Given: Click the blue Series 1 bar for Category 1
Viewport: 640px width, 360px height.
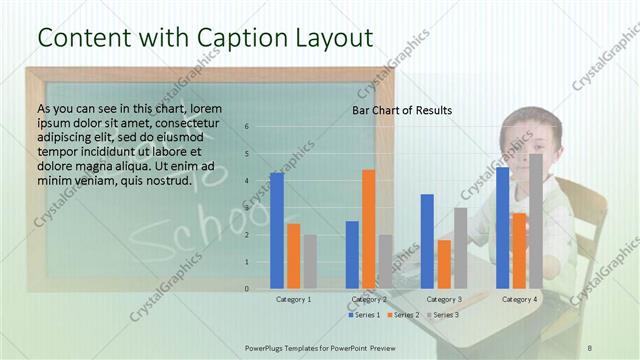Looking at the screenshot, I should point(277,231).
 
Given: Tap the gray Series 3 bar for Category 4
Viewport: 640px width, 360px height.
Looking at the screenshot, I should point(536,221).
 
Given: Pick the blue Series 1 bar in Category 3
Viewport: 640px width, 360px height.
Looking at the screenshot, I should point(427,241).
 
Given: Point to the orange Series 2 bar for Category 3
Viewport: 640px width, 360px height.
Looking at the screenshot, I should point(444,264).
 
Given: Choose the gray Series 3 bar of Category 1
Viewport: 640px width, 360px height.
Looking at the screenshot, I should point(310,262).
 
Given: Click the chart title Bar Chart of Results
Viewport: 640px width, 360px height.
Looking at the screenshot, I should point(402,110).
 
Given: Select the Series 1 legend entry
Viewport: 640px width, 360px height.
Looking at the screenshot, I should point(363,315).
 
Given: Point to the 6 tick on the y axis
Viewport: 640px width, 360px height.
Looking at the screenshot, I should point(247,127).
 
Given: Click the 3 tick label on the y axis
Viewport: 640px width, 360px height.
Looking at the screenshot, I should point(247,208).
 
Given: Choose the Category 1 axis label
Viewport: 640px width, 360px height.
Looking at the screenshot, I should point(294,299).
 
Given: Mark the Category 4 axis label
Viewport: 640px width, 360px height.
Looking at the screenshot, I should point(519,299).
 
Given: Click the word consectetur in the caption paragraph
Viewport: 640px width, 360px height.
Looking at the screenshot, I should point(189,122).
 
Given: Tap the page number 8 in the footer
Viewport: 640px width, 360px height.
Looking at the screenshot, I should point(590,346).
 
